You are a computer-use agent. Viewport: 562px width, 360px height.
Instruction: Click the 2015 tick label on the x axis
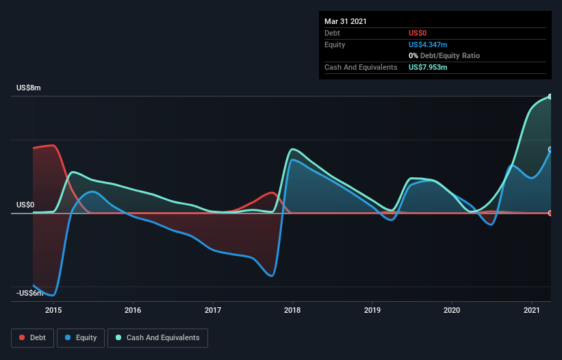(x=53, y=310)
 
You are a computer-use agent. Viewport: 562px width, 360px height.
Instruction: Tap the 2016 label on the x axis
(x=133, y=310)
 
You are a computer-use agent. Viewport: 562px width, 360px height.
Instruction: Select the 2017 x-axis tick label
(x=213, y=310)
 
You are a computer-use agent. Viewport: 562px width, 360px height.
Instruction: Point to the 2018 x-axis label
(x=292, y=310)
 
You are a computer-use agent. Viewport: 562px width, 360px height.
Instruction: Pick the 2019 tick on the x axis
(x=372, y=310)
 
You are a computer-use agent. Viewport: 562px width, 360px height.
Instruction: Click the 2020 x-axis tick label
(x=452, y=310)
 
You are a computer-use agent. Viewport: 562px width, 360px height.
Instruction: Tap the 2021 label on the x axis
(x=532, y=310)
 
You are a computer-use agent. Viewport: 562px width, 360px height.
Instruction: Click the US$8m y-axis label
(x=29, y=88)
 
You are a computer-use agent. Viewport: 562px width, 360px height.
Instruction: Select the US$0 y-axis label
(x=25, y=205)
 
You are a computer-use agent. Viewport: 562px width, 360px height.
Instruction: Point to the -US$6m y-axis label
(x=30, y=294)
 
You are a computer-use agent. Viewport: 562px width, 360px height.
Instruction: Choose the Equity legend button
(x=81, y=337)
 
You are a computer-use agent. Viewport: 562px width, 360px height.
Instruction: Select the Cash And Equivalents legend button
(x=157, y=337)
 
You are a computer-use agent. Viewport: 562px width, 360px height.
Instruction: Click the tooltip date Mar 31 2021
(x=346, y=21)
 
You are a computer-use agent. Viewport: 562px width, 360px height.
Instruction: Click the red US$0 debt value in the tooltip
(x=418, y=33)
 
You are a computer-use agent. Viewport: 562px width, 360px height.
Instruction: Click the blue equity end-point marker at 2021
(x=550, y=149)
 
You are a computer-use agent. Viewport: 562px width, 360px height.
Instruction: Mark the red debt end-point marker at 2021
(x=550, y=213)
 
